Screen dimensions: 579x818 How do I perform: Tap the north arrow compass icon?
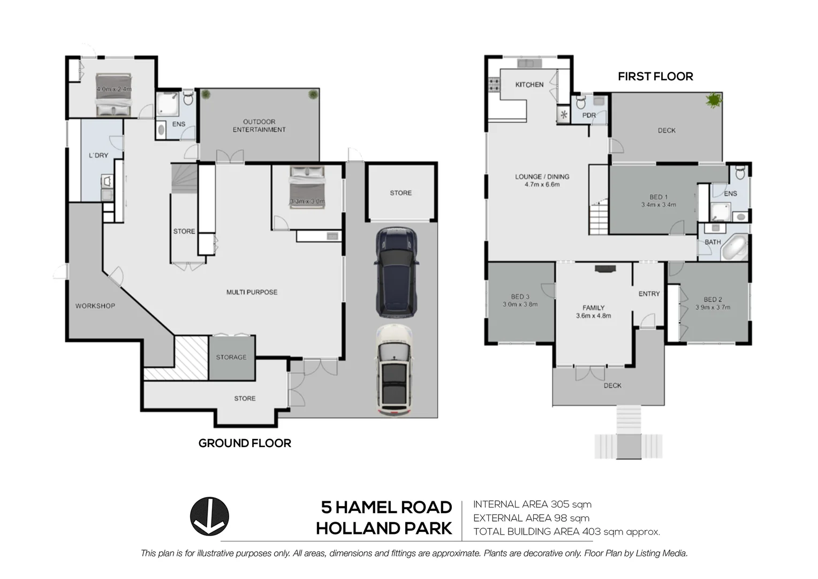pos(209,516)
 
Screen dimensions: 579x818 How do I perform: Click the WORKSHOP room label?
pos(95,306)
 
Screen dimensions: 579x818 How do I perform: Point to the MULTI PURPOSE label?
pos(252,292)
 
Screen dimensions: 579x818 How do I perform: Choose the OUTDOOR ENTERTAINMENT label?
pos(259,125)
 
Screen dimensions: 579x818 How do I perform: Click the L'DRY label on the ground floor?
pos(99,155)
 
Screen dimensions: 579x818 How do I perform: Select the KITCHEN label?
pos(529,85)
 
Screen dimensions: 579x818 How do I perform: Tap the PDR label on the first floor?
pos(589,115)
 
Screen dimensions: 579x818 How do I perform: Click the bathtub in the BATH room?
pos(736,247)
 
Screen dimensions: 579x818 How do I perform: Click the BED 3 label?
pos(520,296)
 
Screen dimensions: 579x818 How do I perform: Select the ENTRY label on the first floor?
pos(649,294)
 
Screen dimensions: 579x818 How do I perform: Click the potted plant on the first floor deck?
pos(713,100)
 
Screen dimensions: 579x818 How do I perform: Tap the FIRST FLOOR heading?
pos(655,77)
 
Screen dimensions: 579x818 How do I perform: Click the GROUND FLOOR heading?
pos(245,443)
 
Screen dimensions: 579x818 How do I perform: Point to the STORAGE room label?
pos(231,357)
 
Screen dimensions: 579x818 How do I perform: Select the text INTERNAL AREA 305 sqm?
pos(532,504)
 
